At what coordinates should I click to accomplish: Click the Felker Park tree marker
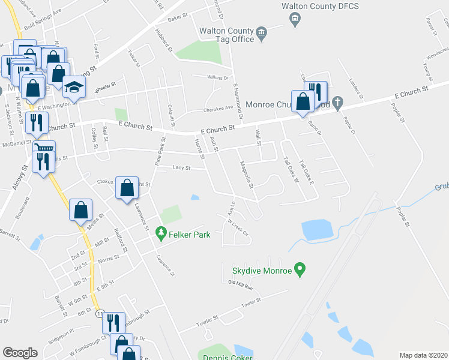pyautogui.click(x=160, y=232)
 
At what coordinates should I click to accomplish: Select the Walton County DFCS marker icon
pyautogui.click(x=294, y=20)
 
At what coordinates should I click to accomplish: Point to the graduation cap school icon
pyautogui.click(x=74, y=88)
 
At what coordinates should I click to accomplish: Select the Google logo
pyautogui.click(x=20, y=353)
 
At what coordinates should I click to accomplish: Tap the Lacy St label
pyautogui.click(x=181, y=168)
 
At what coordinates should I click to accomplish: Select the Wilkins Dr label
pyautogui.click(x=218, y=78)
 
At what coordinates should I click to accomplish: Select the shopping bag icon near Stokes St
pyautogui.click(x=127, y=188)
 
